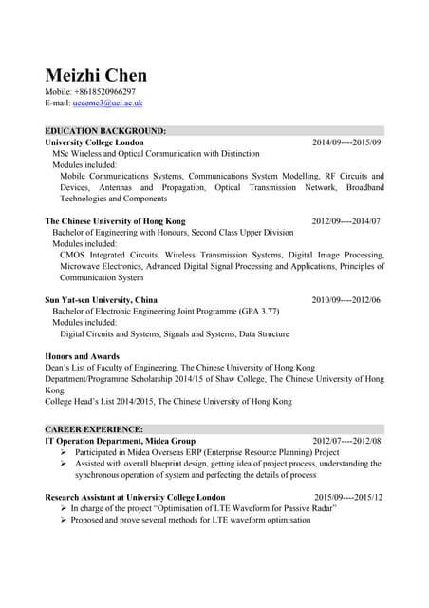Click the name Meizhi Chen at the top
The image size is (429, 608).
click(96, 75)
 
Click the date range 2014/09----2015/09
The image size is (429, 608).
click(346, 142)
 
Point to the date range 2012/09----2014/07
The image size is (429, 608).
click(346, 221)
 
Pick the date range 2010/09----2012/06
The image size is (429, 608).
click(346, 300)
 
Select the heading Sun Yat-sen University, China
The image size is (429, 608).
click(102, 300)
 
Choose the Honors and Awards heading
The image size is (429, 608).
click(83, 356)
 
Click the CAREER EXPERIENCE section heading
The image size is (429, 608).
click(95, 429)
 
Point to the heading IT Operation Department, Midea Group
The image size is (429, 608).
click(120, 441)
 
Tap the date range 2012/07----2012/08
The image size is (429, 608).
click(346, 441)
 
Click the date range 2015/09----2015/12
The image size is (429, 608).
click(348, 497)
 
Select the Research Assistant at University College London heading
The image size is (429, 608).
click(135, 497)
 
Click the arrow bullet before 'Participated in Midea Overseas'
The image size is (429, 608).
click(64, 452)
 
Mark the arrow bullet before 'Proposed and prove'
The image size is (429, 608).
click(64, 520)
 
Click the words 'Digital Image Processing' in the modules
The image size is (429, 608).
click(336, 255)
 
